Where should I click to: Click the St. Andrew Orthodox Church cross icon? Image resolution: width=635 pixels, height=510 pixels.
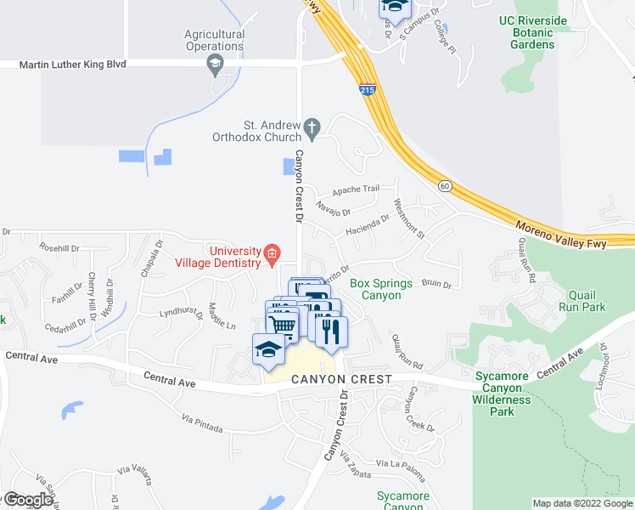[312, 129]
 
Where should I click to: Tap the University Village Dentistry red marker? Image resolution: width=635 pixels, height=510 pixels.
[272, 252]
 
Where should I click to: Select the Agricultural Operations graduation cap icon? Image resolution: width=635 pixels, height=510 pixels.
[215, 64]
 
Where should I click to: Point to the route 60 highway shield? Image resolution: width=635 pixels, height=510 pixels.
[444, 184]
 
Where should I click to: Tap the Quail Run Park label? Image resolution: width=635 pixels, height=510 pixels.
[582, 300]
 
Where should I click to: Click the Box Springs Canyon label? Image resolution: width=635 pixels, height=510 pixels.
[381, 289]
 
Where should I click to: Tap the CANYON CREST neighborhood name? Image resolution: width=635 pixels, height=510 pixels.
[341, 379]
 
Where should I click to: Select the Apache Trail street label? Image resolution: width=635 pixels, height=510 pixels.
[356, 190]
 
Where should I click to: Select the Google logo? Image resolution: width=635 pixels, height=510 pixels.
[27, 500]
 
